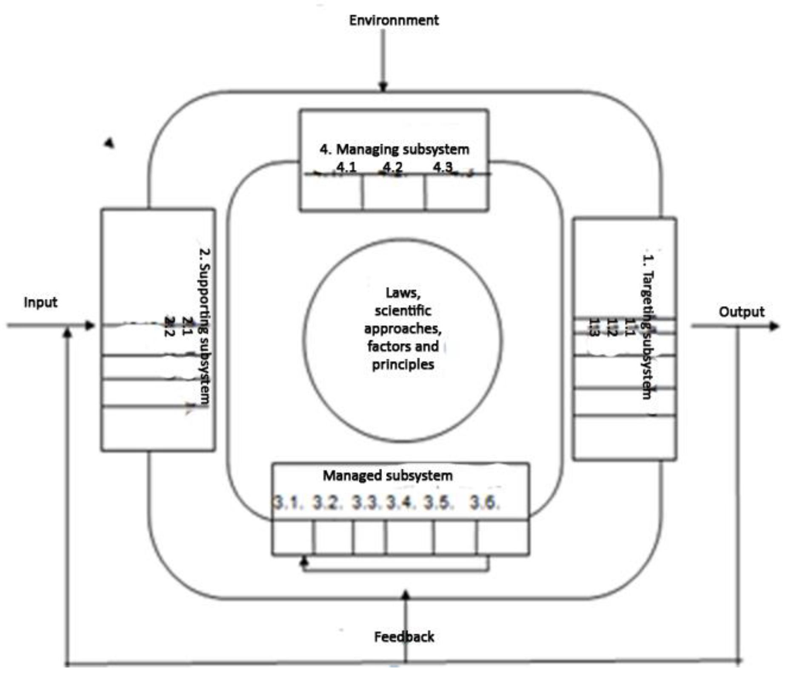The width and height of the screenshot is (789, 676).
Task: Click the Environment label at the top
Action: (394, 20)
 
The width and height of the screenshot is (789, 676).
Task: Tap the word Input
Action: (40, 302)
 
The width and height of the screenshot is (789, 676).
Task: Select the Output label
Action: (741, 312)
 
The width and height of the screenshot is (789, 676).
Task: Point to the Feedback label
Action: (404, 637)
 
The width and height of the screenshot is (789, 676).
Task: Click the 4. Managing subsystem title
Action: (394, 149)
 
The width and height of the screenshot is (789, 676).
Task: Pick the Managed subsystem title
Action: (387, 475)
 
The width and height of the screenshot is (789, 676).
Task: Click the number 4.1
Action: (346, 167)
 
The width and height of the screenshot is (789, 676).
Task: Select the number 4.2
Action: (392, 167)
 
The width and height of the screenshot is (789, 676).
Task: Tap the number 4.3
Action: (443, 167)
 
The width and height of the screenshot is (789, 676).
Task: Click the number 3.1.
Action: (288, 503)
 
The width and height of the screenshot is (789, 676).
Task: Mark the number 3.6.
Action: (485, 503)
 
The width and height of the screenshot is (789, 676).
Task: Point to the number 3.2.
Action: (327, 503)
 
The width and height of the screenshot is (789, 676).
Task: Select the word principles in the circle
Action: (403, 365)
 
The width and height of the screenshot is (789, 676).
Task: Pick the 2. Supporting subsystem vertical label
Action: (205, 326)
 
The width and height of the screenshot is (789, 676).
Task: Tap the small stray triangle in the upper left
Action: (110, 143)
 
